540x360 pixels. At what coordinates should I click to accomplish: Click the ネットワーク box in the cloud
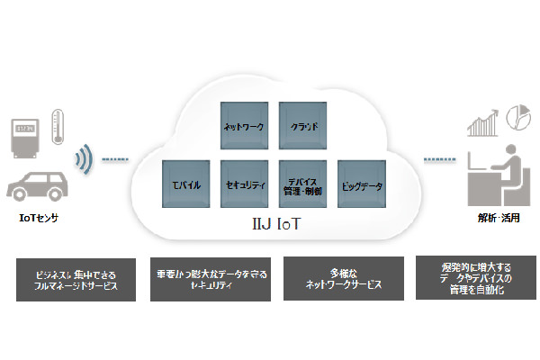click(244, 126)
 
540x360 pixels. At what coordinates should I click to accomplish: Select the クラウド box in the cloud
click(302, 126)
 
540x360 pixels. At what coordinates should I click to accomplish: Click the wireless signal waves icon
click(84, 161)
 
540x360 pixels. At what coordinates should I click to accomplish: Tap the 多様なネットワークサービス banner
click(342, 278)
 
